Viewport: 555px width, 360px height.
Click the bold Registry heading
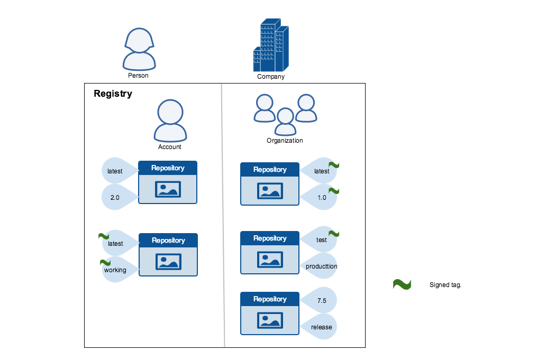click(x=113, y=94)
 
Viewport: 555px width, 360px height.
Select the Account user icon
click(x=170, y=120)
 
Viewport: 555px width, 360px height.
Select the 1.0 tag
click(x=321, y=198)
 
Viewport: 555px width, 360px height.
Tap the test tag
click(x=321, y=240)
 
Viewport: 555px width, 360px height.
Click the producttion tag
click(x=321, y=266)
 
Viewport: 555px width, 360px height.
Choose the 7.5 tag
click(x=321, y=300)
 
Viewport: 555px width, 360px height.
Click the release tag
click(x=321, y=327)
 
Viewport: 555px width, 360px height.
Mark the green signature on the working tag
click(x=105, y=262)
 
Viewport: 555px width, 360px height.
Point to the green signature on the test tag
click(x=334, y=233)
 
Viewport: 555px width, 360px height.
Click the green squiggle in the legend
click(x=402, y=284)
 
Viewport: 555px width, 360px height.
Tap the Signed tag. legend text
click(x=445, y=285)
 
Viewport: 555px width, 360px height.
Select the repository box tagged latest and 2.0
click(x=168, y=182)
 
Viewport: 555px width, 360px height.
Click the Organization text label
click(x=285, y=141)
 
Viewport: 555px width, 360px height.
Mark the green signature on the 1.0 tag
click(x=334, y=190)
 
